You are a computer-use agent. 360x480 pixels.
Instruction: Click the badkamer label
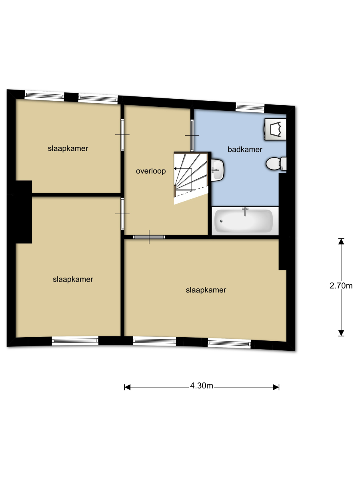(244, 149)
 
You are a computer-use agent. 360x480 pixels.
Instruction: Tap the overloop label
(151, 171)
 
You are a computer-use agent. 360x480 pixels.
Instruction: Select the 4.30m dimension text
(201, 386)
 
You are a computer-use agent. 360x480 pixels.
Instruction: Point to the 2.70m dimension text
(341, 286)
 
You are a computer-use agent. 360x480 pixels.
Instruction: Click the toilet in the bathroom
(276, 163)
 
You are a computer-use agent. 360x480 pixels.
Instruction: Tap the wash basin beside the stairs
(217, 170)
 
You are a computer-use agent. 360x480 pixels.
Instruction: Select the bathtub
(245, 221)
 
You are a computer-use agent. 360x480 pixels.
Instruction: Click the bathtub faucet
(245, 211)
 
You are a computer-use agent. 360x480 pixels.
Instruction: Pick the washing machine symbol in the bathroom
(275, 129)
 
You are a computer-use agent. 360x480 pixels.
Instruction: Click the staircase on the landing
(191, 178)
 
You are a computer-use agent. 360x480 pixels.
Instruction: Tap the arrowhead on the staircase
(175, 169)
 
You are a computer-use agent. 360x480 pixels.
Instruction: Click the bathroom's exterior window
(250, 107)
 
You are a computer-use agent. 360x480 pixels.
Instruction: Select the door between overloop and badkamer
(192, 135)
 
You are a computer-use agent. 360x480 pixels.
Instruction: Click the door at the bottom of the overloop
(149, 237)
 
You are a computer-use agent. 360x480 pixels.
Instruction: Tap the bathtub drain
(221, 221)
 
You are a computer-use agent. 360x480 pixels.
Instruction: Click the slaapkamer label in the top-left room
(68, 148)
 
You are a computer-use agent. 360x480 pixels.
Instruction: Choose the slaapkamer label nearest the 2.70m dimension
(206, 290)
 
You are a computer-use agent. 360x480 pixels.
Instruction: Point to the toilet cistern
(283, 164)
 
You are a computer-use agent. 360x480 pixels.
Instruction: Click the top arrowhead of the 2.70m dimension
(341, 242)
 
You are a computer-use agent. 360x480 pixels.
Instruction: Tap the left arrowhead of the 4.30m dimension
(128, 387)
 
